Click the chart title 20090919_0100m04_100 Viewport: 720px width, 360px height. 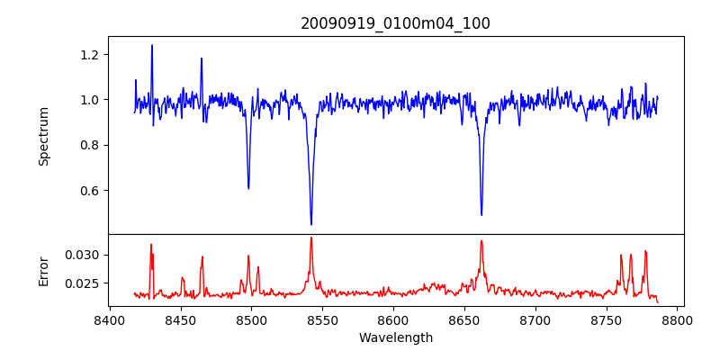click(395, 23)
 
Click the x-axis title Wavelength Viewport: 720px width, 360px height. click(395, 338)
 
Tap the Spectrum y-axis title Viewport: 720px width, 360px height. click(43, 135)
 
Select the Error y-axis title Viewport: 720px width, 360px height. click(43, 270)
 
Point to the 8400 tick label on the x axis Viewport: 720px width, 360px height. click(109, 320)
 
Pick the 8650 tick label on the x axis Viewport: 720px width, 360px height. click(464, 320)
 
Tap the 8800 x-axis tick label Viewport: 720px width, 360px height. click(678, 320)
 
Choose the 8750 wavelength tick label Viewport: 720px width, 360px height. click(607, 320)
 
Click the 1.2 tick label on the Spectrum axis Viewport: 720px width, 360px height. click(89, 55)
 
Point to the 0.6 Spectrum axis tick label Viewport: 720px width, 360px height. click(89, 191)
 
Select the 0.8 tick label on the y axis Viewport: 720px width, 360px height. click(89, 145)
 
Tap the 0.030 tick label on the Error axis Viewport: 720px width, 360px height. click(83, 256)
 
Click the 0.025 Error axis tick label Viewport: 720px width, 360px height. click(83, 283)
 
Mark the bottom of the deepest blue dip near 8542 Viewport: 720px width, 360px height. click(311, 224)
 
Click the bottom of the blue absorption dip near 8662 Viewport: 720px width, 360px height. click(481, 214)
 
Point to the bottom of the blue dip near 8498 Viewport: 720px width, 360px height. click(248, 188)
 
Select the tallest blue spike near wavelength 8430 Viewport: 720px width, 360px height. click(152, 45)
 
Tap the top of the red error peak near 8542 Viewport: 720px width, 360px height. click(311, 238)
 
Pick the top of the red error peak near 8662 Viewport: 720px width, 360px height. click(481, 240)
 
